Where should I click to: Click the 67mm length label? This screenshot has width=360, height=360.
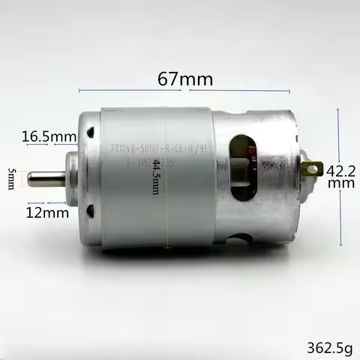coord(185,79)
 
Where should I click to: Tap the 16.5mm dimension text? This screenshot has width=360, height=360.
coord(49,136)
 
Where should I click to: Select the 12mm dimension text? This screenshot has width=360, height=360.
coord(48,213)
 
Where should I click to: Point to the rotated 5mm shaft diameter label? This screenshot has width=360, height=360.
coord(11,178)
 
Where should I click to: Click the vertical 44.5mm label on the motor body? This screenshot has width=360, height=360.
coord(156,177)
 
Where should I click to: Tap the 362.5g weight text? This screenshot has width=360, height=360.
coord(329,347)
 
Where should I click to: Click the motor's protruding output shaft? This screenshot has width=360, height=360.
coord(43,178)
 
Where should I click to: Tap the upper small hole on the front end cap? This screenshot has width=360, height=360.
coord(89,133)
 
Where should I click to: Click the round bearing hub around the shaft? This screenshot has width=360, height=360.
coord(71,178)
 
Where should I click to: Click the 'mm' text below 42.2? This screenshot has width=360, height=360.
coord(335,183)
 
